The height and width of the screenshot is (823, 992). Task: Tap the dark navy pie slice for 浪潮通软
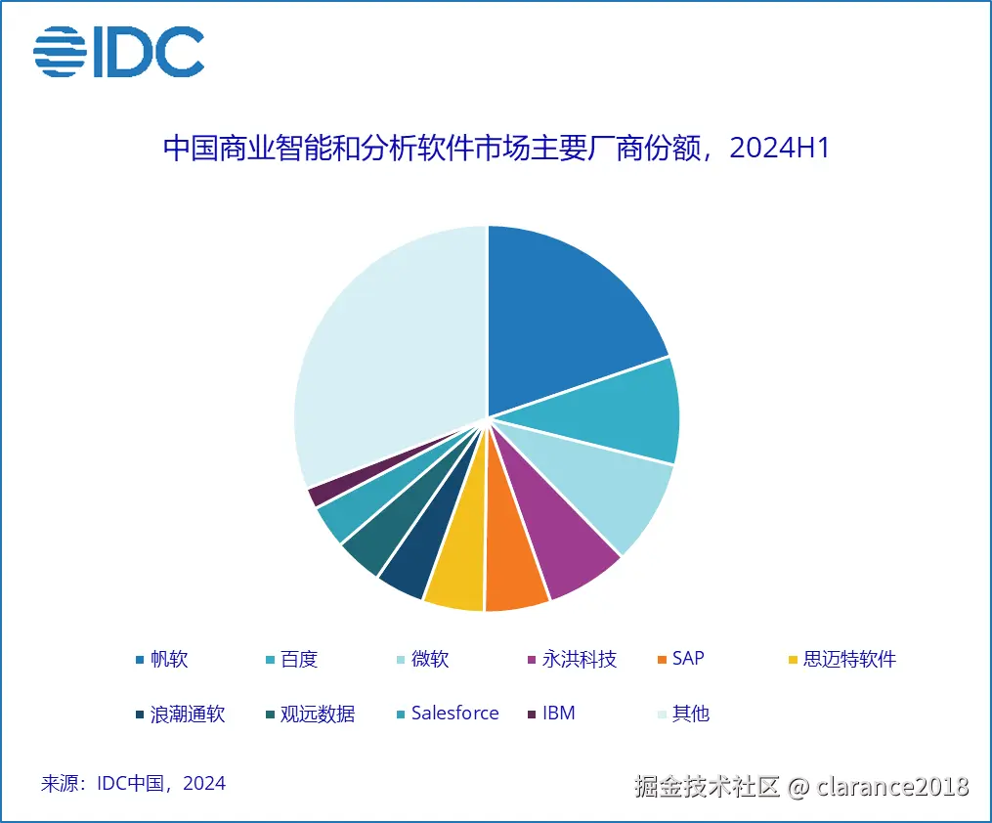tap(407, 571)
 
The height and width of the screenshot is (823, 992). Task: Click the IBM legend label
tap(558, 714)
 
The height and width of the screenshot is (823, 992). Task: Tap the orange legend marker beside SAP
tap(663, 660)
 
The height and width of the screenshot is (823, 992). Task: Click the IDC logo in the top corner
tap(118, 52)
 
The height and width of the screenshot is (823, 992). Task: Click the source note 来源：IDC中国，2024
tap(133, 783)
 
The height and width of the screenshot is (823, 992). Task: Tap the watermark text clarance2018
tap(892, 786)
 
